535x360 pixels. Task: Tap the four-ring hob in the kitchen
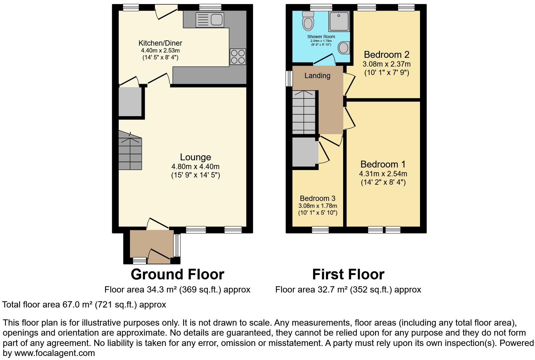coord(238,57)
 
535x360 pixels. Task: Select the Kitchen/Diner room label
coord(160,43)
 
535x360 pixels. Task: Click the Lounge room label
coord(196,157)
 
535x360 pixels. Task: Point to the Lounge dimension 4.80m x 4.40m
coord(195,167)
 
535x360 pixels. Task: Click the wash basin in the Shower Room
coord(344,48)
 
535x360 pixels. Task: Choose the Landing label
coord(317,76)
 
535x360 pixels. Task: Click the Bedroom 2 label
coord(387,55)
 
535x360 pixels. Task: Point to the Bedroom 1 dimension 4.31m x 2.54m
coord(383,174)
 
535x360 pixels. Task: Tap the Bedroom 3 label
coord(317,198)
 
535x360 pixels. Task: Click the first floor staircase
coord(304,112)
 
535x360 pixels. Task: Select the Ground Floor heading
coord(177,274)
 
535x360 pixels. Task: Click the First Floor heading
coord(348,274)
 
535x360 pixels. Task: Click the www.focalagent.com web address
coord(55,353)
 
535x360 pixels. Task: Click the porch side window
coord(177,245)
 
